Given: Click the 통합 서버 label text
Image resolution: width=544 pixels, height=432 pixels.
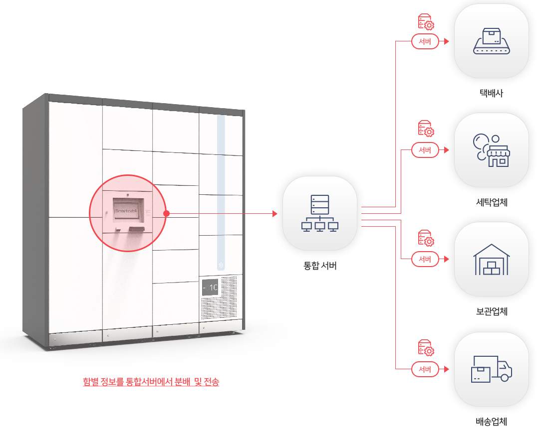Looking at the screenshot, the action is [320, 266].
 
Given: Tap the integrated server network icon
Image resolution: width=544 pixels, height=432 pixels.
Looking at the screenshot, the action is [320, 213].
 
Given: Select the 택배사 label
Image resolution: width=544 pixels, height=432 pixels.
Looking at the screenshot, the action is [491, 93].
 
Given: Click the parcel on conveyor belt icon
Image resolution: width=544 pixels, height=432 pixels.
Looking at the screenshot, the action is [492, 41].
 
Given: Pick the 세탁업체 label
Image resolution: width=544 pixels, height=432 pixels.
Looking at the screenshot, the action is [492, 202].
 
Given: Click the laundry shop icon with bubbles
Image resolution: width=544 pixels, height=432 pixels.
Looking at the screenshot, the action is [492, 150].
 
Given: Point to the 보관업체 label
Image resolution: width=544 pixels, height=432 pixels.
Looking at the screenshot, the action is [492, 311].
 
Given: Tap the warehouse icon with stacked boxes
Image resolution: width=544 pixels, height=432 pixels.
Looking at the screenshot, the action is [492, 260].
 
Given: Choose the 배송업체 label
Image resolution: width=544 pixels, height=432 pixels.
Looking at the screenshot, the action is [492, 421].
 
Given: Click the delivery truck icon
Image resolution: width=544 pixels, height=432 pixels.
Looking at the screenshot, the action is [492, 369].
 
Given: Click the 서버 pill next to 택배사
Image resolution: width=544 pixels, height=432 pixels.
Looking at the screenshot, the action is [425, 41].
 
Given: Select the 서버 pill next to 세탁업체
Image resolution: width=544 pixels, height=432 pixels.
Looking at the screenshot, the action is [425, 150].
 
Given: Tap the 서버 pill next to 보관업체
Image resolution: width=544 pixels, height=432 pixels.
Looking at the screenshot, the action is [425, 259].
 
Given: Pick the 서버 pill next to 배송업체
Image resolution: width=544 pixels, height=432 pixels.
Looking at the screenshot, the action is [425, 369].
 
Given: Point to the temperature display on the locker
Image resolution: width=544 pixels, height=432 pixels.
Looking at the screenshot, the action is [210, 287].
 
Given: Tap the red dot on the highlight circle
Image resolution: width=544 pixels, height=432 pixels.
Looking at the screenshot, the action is [167, 214].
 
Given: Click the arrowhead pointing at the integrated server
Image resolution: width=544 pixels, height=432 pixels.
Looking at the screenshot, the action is [275, 214].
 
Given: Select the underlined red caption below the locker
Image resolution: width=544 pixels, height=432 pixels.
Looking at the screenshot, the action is [151, 382].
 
